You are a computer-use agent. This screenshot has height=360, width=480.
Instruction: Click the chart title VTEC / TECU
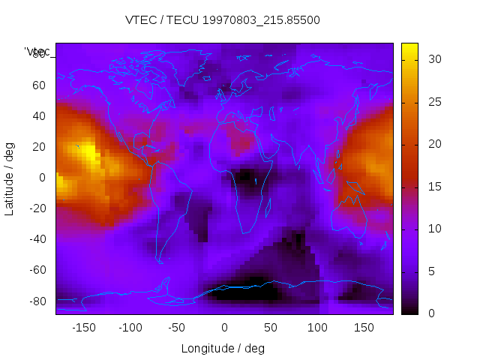click(222, 20)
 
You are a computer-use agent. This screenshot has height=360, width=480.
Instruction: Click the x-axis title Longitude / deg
click(223, 349)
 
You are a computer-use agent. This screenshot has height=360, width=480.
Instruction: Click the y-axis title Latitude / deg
click(10, 177)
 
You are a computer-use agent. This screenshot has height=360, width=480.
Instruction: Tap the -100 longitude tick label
click(130, 328)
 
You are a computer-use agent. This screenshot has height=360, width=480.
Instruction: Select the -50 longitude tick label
click(177, 328)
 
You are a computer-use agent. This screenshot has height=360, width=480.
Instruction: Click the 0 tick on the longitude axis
click(224, 328)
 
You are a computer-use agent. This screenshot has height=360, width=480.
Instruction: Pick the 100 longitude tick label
click(317, 328)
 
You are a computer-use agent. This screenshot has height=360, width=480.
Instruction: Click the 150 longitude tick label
click(364, 328)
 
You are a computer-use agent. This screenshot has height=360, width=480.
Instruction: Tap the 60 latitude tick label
click(38, 85)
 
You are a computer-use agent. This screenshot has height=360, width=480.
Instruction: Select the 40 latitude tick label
click(38, 115)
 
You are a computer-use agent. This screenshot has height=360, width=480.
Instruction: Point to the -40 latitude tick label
click(37, 239)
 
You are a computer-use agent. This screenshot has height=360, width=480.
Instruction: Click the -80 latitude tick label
click(37, 301)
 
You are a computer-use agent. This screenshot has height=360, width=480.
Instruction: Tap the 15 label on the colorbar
click(433, 186)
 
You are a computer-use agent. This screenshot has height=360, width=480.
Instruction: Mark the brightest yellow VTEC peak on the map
click(88, 152)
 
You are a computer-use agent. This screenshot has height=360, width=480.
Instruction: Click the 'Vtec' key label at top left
click(37, 52)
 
